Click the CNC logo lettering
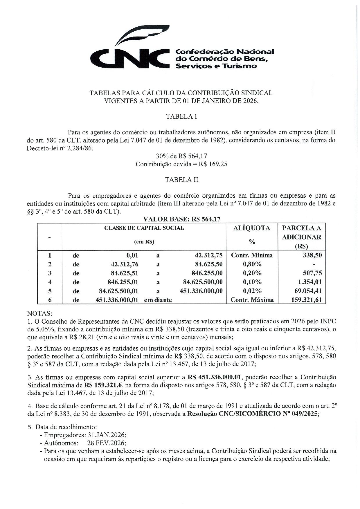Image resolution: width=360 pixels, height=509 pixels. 129,58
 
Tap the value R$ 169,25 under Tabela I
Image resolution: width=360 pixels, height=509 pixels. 213,164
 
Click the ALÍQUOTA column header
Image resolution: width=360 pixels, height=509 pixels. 252,228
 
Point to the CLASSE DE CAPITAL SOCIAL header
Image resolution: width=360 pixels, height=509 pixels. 144,228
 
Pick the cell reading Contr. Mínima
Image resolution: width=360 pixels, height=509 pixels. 252,255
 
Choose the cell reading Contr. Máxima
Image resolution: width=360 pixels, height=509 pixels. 252,300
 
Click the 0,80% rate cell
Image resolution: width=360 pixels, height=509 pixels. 252,264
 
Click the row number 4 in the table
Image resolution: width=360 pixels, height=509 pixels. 50,282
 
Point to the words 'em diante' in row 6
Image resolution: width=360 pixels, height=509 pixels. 158,300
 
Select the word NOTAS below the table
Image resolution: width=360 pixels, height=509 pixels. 39,314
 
